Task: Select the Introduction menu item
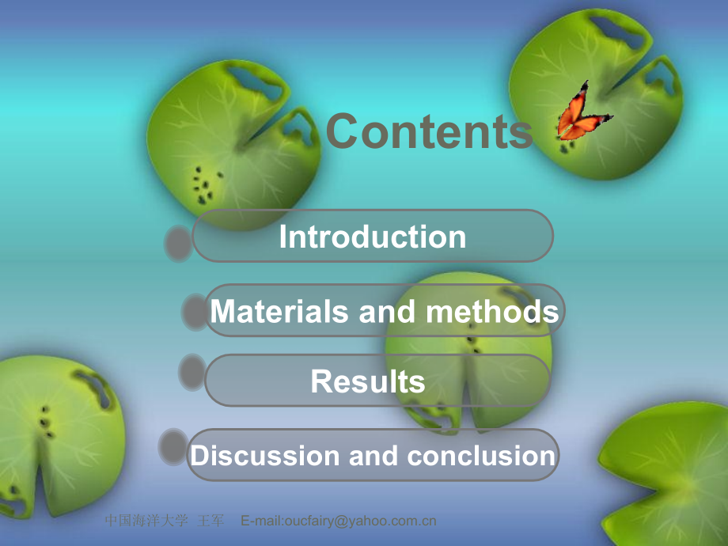tap(372, 237)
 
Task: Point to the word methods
tap(492, 312)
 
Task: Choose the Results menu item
tap(368, 381)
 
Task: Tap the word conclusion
tap(481, 456)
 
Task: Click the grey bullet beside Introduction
tap(179, 242)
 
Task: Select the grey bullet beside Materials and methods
tap(195, 311)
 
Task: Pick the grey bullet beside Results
tap(192, 372)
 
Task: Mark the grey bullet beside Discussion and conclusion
tap(173, 446)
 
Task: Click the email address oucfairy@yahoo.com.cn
tap(339, 521)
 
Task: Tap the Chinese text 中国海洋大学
tap(146, 521)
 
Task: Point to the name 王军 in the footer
tap(212, 521)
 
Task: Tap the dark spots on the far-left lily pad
tap(46, 423)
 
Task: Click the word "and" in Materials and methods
tap(387, 312)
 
